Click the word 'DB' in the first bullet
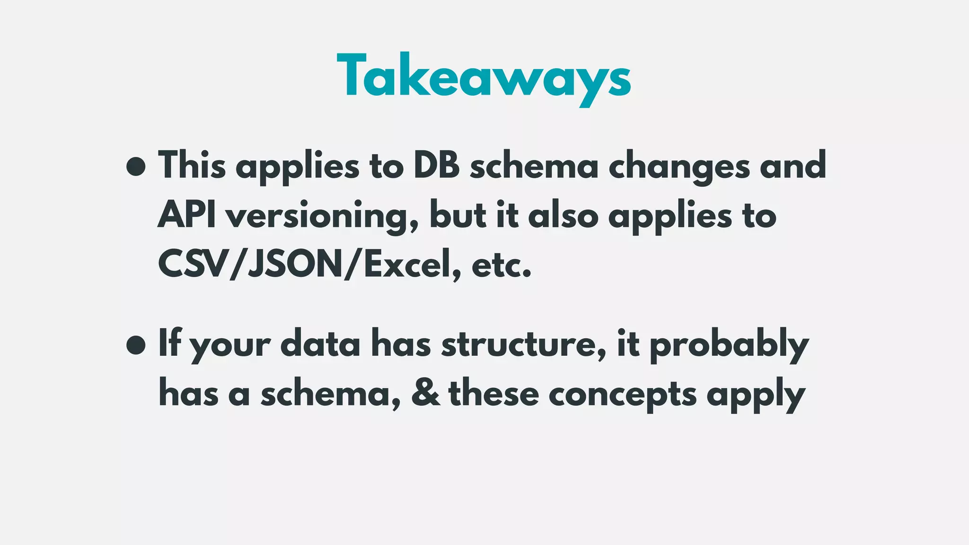pos(437,166)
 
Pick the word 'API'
pos(186,215)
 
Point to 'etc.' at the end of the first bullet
pos(502,266)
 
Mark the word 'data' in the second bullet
pos(320,344)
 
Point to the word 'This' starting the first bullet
pos(192,166)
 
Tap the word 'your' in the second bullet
pos(230,346)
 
